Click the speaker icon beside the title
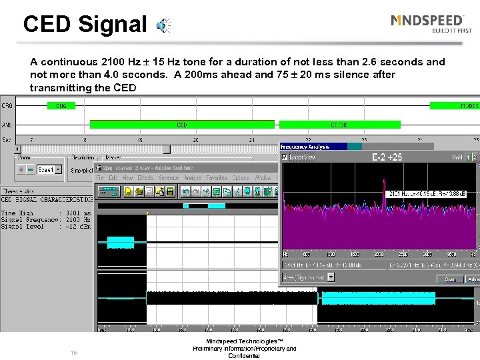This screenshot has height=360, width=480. tap(163, 25)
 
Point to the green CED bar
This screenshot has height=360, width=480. tap(181, 124)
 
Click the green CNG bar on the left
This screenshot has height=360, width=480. tap(61, 105)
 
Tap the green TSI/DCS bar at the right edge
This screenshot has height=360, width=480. tap(455, 105)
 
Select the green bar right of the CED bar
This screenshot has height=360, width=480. tap(339, 124)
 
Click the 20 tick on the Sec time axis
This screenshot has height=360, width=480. tap(195, 140)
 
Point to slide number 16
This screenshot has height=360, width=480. tap(74, 352)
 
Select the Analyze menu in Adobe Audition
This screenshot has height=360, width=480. tap(193, 178)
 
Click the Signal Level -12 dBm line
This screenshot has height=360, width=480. tap(47, 226)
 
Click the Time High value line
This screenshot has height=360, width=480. tap(47, 213)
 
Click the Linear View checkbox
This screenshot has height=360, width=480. tap(285, 157)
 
